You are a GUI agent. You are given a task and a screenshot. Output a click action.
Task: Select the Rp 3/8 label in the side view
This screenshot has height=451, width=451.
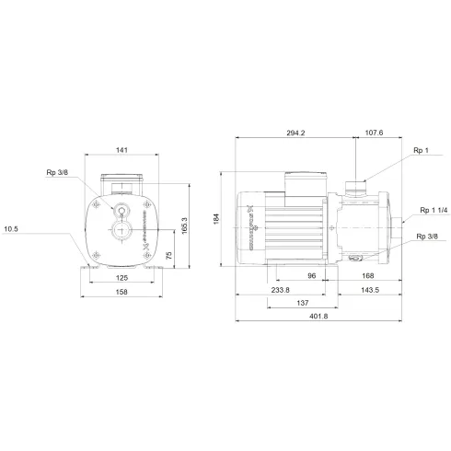(x=425, y=237)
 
